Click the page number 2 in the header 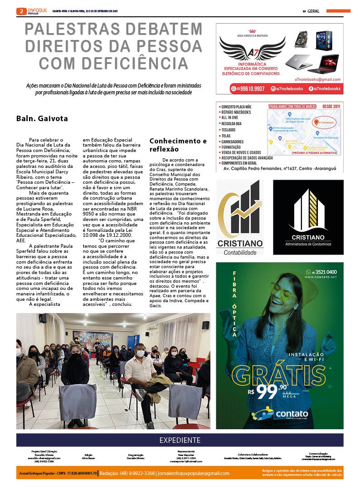coord(21,11)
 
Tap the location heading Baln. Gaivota coord(42,119)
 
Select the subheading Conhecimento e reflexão coord(178,145)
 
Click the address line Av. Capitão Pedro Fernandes coord(279,168)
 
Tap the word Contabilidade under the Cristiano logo coord(240,252)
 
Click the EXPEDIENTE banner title coord(180,440)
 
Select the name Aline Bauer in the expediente coord(89,458)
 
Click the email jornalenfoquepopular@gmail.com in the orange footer coord(193,473)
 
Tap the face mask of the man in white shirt coord(140,353)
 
